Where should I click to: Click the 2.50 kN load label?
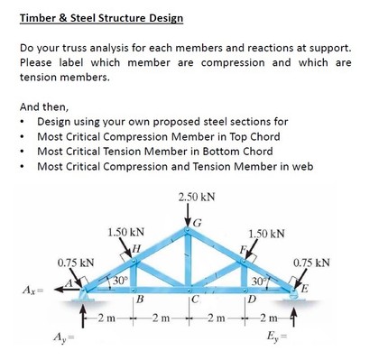pyautogui.click(x=196, y=196)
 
